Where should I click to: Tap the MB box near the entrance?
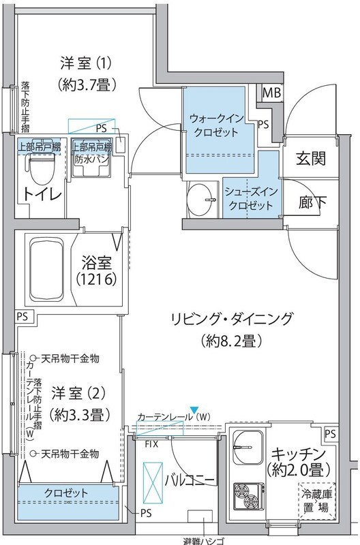click(271, 93)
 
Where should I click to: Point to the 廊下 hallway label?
click(310, 202)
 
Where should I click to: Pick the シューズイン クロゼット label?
click(250, 198)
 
